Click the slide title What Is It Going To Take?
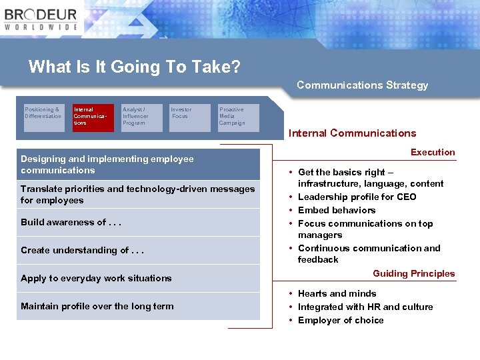click(x=134, y=67)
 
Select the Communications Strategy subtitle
click(x=362, y=85)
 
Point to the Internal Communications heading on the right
click(x=352, y=133)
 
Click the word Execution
click(x=433, y=153)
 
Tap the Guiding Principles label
click(x=413, y=274)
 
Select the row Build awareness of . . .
click(x=138, y=223)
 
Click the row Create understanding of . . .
click(x=138, y=251)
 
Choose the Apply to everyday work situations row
click(x=138, y=279)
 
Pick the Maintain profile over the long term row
click(x=138, y=307)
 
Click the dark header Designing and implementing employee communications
click(x=138, y=164)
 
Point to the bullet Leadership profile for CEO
click(x=357, y=197)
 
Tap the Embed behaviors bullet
click(x=337, y=210)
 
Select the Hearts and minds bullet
click(x=337, y=293)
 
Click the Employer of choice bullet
click(x=341, y=320)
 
